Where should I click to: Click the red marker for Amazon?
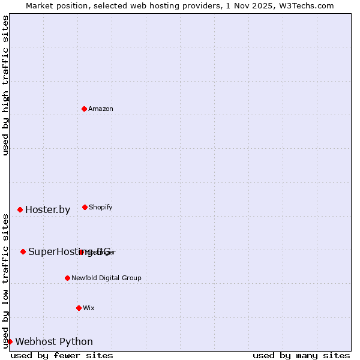pyautogui.click(x=84, y=109)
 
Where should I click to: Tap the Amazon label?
pyautogui.click(x=101, y=109)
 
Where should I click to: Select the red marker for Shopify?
pyautogui.click(x=85, y=207)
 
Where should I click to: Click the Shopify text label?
pyautogui.click(x=101, y=207)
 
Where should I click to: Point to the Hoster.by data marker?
pyautogui.click(x=20, y=209)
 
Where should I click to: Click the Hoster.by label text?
pyautogui.click(x=47, y=209)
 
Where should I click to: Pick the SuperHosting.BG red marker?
pyautogui.click(x=23, y=251)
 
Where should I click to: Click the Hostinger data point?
pyautogui.click(x=81, y=252)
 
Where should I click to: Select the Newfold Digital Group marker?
pyautogui.click(x=67, y=278)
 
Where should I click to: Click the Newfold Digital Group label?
pyautogui.click(x=107, y=278)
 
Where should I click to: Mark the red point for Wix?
pyautogui.click(x=79, y=308)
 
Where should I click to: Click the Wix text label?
pyautogui.click(x=89, y=308)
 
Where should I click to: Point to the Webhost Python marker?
pyautogui.click(x=10, y=341)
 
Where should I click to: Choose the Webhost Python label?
pyautogui.click(x=54, y=341)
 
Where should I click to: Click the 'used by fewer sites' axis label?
pyautogui.click(x=62, y=355)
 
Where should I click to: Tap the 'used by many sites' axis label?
pyautogui.click(x=301, y=355)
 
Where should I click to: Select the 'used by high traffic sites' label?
pyautogui.click(x=5, y=85)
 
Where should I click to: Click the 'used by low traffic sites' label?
pyautogui.click(x=5, y=281)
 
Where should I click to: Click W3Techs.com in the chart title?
pyautogui.click(x=305, y=5)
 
